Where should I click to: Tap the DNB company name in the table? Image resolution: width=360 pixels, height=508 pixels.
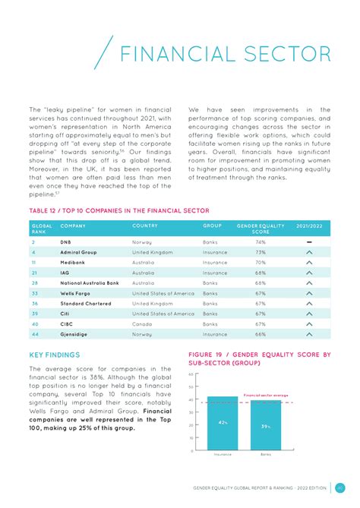click(x=65, y=241)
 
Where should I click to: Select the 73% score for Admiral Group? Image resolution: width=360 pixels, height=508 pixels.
click(x=260, y=252)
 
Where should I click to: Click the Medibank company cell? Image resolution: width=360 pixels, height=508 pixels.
click(x=73, y=262)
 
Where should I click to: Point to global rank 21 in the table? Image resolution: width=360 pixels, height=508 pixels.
click(x=34, y=273)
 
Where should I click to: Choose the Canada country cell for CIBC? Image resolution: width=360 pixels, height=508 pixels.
click(x=142, y=323)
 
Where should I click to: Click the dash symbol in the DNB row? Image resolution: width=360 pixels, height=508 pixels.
click(x=308, y=241)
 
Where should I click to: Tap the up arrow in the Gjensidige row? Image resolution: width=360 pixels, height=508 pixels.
click(x=308, y=334)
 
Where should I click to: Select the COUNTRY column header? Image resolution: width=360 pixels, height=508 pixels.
click(x=145, y=226)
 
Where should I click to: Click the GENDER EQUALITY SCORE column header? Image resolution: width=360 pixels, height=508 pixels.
click(x=260, y=229)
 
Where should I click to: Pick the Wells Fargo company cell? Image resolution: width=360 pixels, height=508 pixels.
click(x=76, y=293)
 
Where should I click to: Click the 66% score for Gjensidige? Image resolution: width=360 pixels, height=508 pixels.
click(x=260, y=334)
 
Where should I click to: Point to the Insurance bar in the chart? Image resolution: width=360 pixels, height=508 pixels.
click(x=223, y=423)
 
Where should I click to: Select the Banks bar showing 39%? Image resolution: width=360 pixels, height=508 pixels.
click(x=266, y=424)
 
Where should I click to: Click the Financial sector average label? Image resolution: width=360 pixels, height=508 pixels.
click(x=265, y=396)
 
